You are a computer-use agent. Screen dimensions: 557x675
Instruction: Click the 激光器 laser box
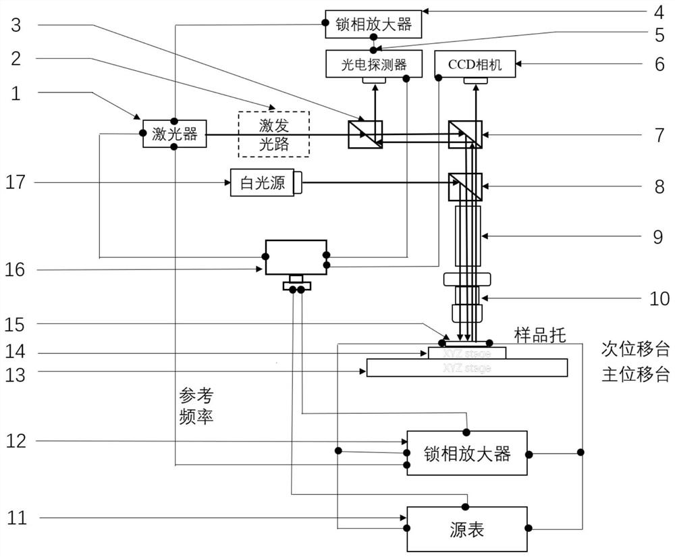174,134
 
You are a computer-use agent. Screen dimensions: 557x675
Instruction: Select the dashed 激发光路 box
273,134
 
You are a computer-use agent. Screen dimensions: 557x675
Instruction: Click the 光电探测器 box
375,64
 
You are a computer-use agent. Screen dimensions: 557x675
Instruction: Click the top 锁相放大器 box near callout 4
373,24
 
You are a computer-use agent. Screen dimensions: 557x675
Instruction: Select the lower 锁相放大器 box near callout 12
467,453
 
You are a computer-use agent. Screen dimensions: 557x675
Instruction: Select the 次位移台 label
634,349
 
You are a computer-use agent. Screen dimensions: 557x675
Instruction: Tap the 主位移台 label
634,374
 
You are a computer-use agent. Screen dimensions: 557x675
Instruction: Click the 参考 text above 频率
196,394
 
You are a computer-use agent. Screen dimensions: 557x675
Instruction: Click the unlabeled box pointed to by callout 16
296,257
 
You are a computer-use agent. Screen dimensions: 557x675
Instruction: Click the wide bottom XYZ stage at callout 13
466,368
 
